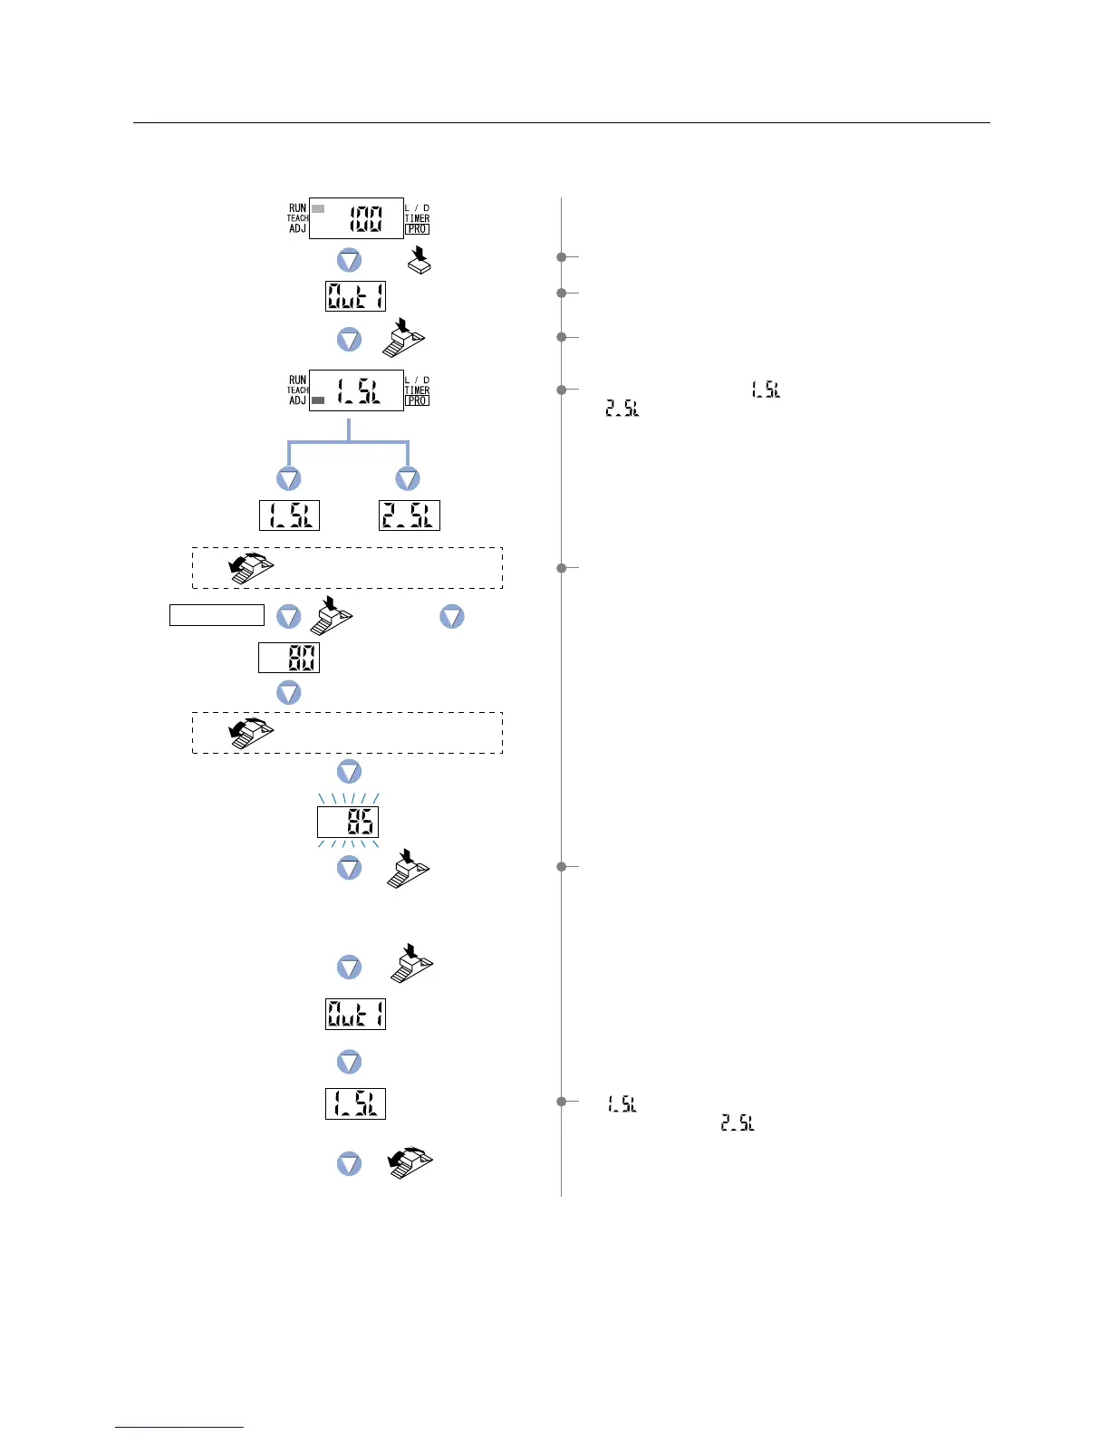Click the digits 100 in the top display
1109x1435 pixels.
click(367, 218)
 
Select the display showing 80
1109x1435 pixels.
click(289, 658)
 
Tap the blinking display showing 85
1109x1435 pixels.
click(348, 823)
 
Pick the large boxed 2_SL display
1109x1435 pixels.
click(409, 515)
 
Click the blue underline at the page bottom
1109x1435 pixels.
click(179, 1427)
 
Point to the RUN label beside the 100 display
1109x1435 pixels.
click(297, 207)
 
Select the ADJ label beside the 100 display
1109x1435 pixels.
click(297, 229)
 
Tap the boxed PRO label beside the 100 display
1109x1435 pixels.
click(417, 229)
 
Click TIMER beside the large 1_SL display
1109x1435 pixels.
click(417, 390)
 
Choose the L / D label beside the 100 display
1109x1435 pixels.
click(417, 207)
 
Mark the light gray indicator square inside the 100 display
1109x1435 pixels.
click(318, 208)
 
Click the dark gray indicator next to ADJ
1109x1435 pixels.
click(318, 400)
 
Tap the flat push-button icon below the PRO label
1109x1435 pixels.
click(419, 259)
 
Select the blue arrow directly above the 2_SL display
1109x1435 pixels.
click(408, 479)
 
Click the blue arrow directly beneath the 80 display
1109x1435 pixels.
click(288, 693)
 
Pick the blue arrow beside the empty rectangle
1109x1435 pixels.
click(288, 617)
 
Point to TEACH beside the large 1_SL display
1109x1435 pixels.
click(297, 390)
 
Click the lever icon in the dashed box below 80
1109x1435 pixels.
click(252, 732)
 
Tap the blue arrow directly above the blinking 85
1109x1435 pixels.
click(349, 772)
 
